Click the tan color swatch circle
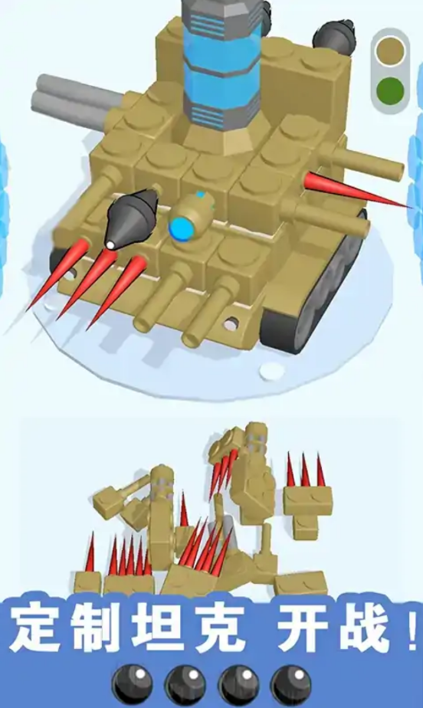pos(390,52)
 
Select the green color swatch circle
pos(390,90)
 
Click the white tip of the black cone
pos(110,245)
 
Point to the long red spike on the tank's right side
pos(356,190)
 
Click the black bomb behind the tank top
pos(333,34)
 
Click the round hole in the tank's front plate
pos(231,323)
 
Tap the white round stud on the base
pos(271,371)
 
